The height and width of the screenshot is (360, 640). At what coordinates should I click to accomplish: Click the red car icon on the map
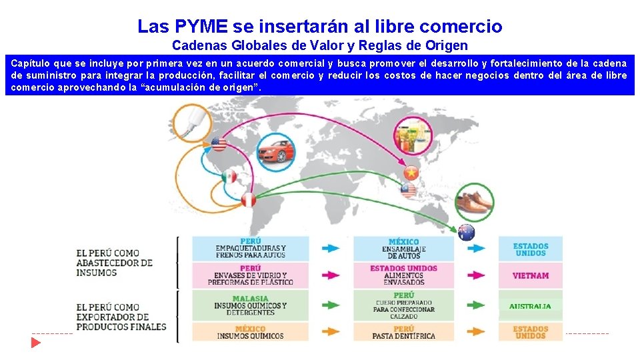click(x=275, y=149)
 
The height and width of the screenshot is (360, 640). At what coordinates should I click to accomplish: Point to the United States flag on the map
click(x=219, y=144)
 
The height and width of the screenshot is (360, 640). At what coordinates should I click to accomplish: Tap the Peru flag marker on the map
click(x=249, y=199)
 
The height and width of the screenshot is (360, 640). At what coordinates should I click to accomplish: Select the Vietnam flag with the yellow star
click(x=411, y=174)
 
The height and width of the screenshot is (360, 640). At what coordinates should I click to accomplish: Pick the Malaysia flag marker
click(x=408, y=191)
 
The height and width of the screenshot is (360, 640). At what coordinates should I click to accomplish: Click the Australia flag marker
click(x=466, y=233)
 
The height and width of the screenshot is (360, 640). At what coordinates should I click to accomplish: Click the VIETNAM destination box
click(x=530, y=275)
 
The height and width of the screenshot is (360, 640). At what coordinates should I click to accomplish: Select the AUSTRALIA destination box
click(x=530, y=306)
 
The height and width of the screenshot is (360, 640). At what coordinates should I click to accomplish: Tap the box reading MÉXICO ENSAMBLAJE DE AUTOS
click(x=403, y=249)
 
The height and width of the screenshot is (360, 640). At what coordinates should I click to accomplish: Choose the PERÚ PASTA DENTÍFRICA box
click(x=403, y=332)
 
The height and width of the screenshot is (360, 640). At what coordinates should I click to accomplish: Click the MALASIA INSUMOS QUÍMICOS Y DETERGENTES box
click(x=250, y=305)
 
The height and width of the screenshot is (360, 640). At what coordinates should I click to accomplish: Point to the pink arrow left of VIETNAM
click(x=475, y=275)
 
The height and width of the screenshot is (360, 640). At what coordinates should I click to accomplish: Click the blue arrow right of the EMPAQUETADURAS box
click(x=330, y=248)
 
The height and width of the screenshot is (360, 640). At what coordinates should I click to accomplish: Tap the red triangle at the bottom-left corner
click(x=35, y=342)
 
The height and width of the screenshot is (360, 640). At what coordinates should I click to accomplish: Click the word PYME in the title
click(x=203, y=27)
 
